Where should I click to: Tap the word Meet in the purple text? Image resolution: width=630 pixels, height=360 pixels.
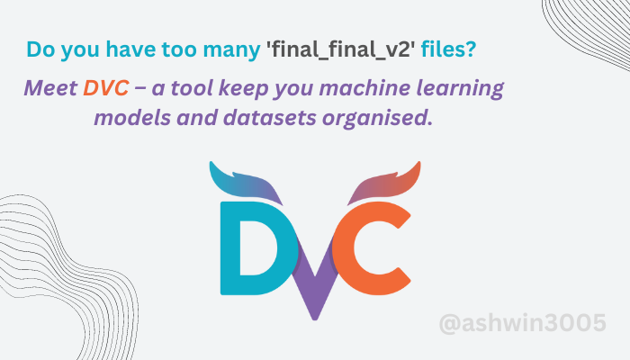(x=49, y=90)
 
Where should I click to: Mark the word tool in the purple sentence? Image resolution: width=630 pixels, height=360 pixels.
(x=186, y=90)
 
